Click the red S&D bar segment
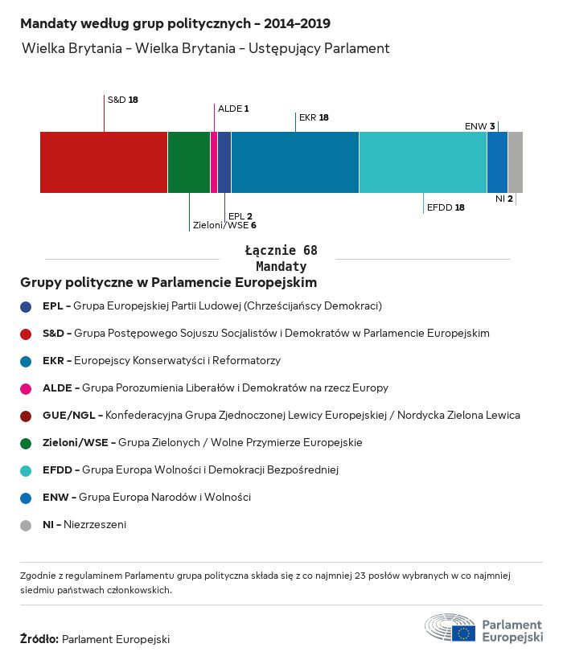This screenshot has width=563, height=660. point(104,162)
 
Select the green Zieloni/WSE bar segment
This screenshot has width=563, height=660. point(189,162)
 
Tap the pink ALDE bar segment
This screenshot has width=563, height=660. point(214,162)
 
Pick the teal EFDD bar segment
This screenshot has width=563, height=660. point(423,162)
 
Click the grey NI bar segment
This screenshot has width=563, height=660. point(516,162)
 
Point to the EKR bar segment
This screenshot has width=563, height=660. point(295,162)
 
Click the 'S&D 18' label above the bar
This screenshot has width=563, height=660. point(123,100)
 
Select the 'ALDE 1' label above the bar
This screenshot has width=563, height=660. point(233,108)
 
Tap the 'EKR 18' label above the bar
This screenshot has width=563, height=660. point(314,117)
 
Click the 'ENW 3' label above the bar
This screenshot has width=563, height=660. point(480,126)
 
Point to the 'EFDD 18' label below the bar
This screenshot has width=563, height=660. point(446,207)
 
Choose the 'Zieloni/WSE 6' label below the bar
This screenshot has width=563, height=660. point(224,226)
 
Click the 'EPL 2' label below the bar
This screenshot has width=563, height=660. point(240,216)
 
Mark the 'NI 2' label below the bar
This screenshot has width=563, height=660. point(504,199)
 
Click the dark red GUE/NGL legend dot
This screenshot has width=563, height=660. point(26,416)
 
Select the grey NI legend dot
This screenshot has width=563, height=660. point(26,525)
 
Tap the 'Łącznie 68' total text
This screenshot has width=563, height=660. point(281,251)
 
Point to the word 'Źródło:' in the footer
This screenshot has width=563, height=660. point(39,640)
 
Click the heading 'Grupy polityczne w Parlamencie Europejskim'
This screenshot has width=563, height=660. point(168,283)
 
